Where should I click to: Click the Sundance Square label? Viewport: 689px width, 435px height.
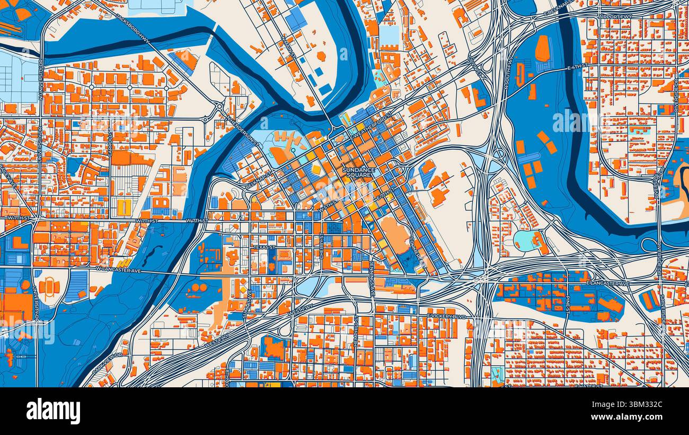[x=359, y=172]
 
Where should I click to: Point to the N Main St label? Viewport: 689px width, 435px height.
[x=289, y=45]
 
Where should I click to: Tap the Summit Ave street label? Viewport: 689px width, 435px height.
[x=245, y=304]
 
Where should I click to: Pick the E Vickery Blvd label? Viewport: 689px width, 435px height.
[x=446, y=316]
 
